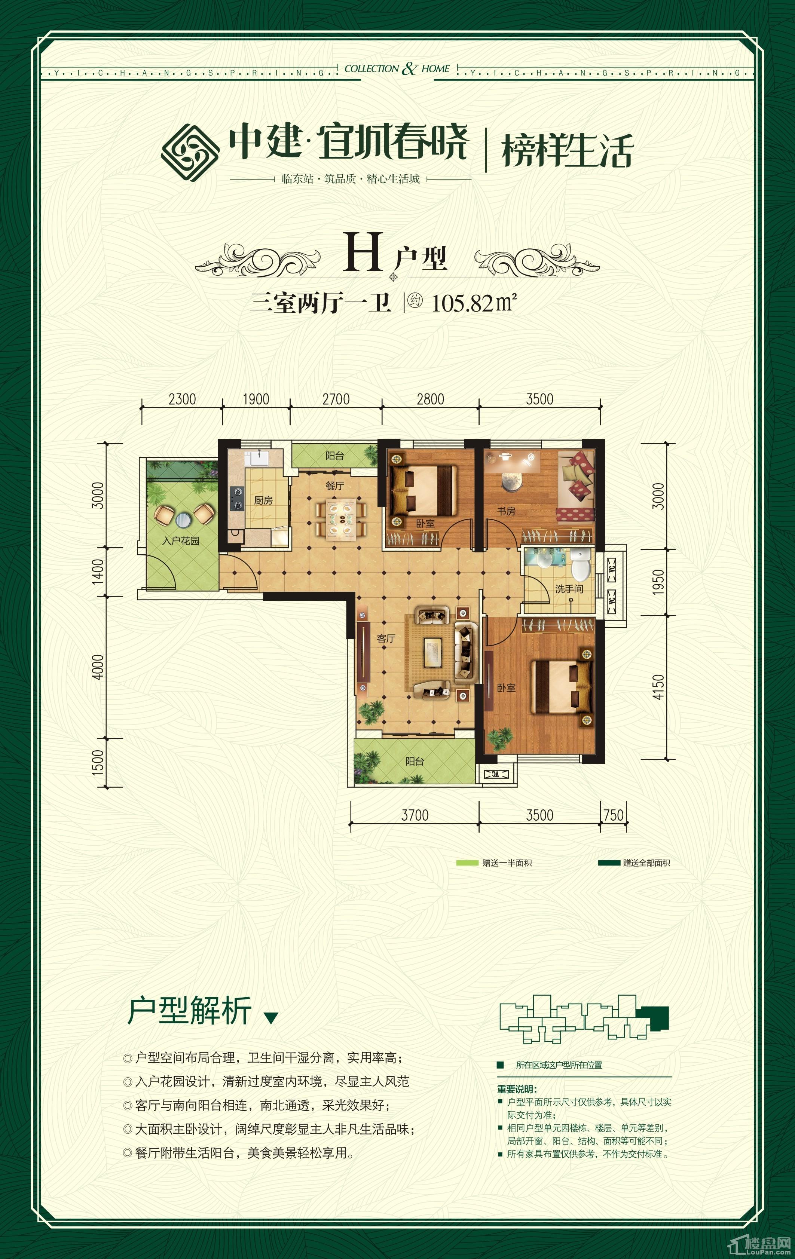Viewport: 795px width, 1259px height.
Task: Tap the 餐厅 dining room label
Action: pos(335,486)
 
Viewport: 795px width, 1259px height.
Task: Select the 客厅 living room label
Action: pos(386,638)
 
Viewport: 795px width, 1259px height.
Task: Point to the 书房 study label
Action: pos(506,511)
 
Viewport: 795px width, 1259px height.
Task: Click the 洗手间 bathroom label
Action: pos(569,589)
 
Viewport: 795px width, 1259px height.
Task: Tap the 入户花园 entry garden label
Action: pos(180,540)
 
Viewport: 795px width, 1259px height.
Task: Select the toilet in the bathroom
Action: pos(580,564)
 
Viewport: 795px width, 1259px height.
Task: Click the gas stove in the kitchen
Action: pos(236,498)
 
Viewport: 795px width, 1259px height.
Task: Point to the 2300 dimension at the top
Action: pos(182,399)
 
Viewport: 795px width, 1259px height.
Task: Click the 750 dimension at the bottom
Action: pos(614,815)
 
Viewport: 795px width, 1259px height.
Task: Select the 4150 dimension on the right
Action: pos(658,687)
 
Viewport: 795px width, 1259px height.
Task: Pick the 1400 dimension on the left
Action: pos(98,572)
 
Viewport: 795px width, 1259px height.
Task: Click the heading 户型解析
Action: pos(189,1010)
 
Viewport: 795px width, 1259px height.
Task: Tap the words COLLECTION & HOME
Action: pos(397,68)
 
